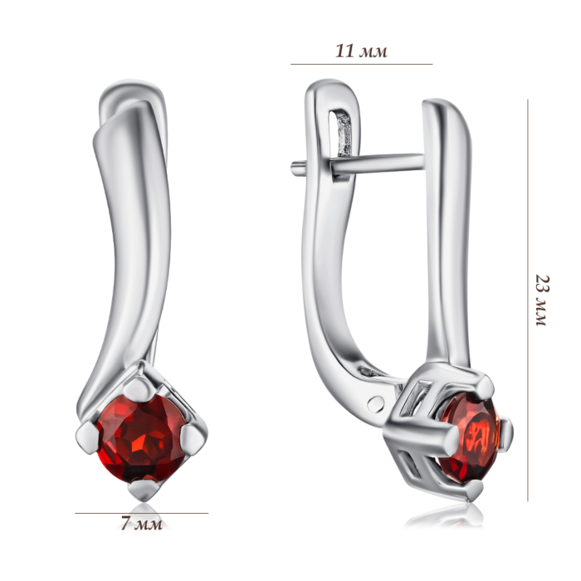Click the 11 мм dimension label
coord(361,51)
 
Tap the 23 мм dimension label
coord(542,300)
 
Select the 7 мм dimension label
coord(142,524)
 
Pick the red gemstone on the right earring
coord(470,437)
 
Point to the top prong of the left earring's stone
coord(139,388)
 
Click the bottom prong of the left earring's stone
coord(144,491)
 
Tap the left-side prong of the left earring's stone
coord(87,437)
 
